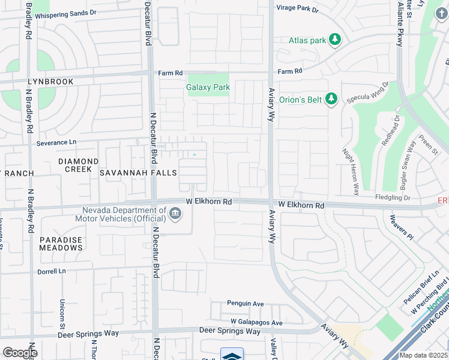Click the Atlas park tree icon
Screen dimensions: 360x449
[335, 40]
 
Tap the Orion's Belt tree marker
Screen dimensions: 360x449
[331, 99]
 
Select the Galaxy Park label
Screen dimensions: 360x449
[208, 88]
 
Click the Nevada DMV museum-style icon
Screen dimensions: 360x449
[175, 214]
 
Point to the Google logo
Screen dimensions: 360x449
[19, 353]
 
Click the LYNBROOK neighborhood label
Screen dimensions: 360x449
[50, 82]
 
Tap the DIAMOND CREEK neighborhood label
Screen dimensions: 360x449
[78, 166]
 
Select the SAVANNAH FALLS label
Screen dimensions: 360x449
[138, 173]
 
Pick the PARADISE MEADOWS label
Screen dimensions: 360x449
[61, 244]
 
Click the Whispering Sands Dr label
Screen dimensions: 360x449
[65, 13]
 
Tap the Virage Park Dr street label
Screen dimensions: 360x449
[297, 9]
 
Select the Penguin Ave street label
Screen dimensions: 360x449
[245, 304]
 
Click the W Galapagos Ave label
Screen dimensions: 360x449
[252, 323]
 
